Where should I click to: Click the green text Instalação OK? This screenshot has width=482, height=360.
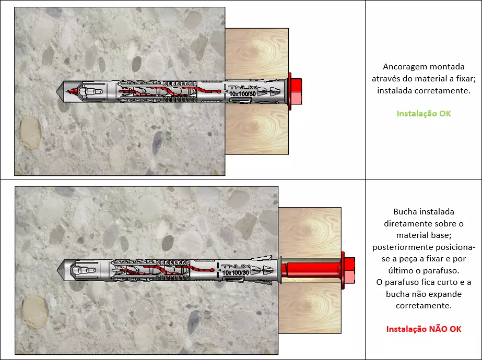(x=424, y=114)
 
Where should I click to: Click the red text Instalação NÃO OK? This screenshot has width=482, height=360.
(x=424, y=329)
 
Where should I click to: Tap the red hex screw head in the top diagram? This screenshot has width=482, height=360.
(x=296, y=91)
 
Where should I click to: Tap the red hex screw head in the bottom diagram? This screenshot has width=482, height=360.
(x=349, y=270)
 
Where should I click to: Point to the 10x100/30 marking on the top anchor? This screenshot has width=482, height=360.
(x=242, y=93)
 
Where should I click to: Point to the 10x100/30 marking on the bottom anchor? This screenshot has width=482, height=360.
(x=236, y=272)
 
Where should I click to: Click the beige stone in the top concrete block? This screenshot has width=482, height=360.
(x=30, y=133)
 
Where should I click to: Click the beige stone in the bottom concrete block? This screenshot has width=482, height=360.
(x=35, y=311)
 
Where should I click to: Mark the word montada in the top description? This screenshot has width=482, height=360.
(x=447, y=67)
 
